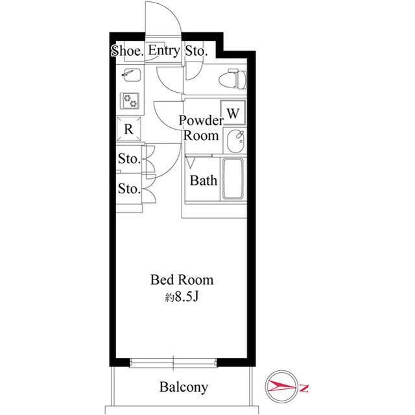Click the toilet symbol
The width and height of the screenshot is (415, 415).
(233, 79)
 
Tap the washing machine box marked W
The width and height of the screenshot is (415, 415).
(233, 113)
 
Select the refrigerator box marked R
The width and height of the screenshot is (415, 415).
(128, 129)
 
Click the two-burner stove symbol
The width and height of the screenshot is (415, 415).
(130, 101)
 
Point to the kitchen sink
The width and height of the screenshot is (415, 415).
(131, 75)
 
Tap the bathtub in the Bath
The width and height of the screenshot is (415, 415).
(233, 179)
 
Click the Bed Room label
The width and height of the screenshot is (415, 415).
(182, 280)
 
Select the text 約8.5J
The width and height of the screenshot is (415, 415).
(182, 297)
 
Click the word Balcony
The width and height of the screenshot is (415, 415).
(184, 387)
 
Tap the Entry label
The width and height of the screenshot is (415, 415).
(164, 50)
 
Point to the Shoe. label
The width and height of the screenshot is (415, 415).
(127, 51)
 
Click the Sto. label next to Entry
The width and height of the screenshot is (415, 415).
(196, 51)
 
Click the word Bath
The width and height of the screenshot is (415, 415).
(204, 180)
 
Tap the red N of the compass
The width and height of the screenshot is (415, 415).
(304, 388)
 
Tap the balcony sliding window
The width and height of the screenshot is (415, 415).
(173, 363)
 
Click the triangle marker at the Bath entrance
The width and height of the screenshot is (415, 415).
(190, 162)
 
